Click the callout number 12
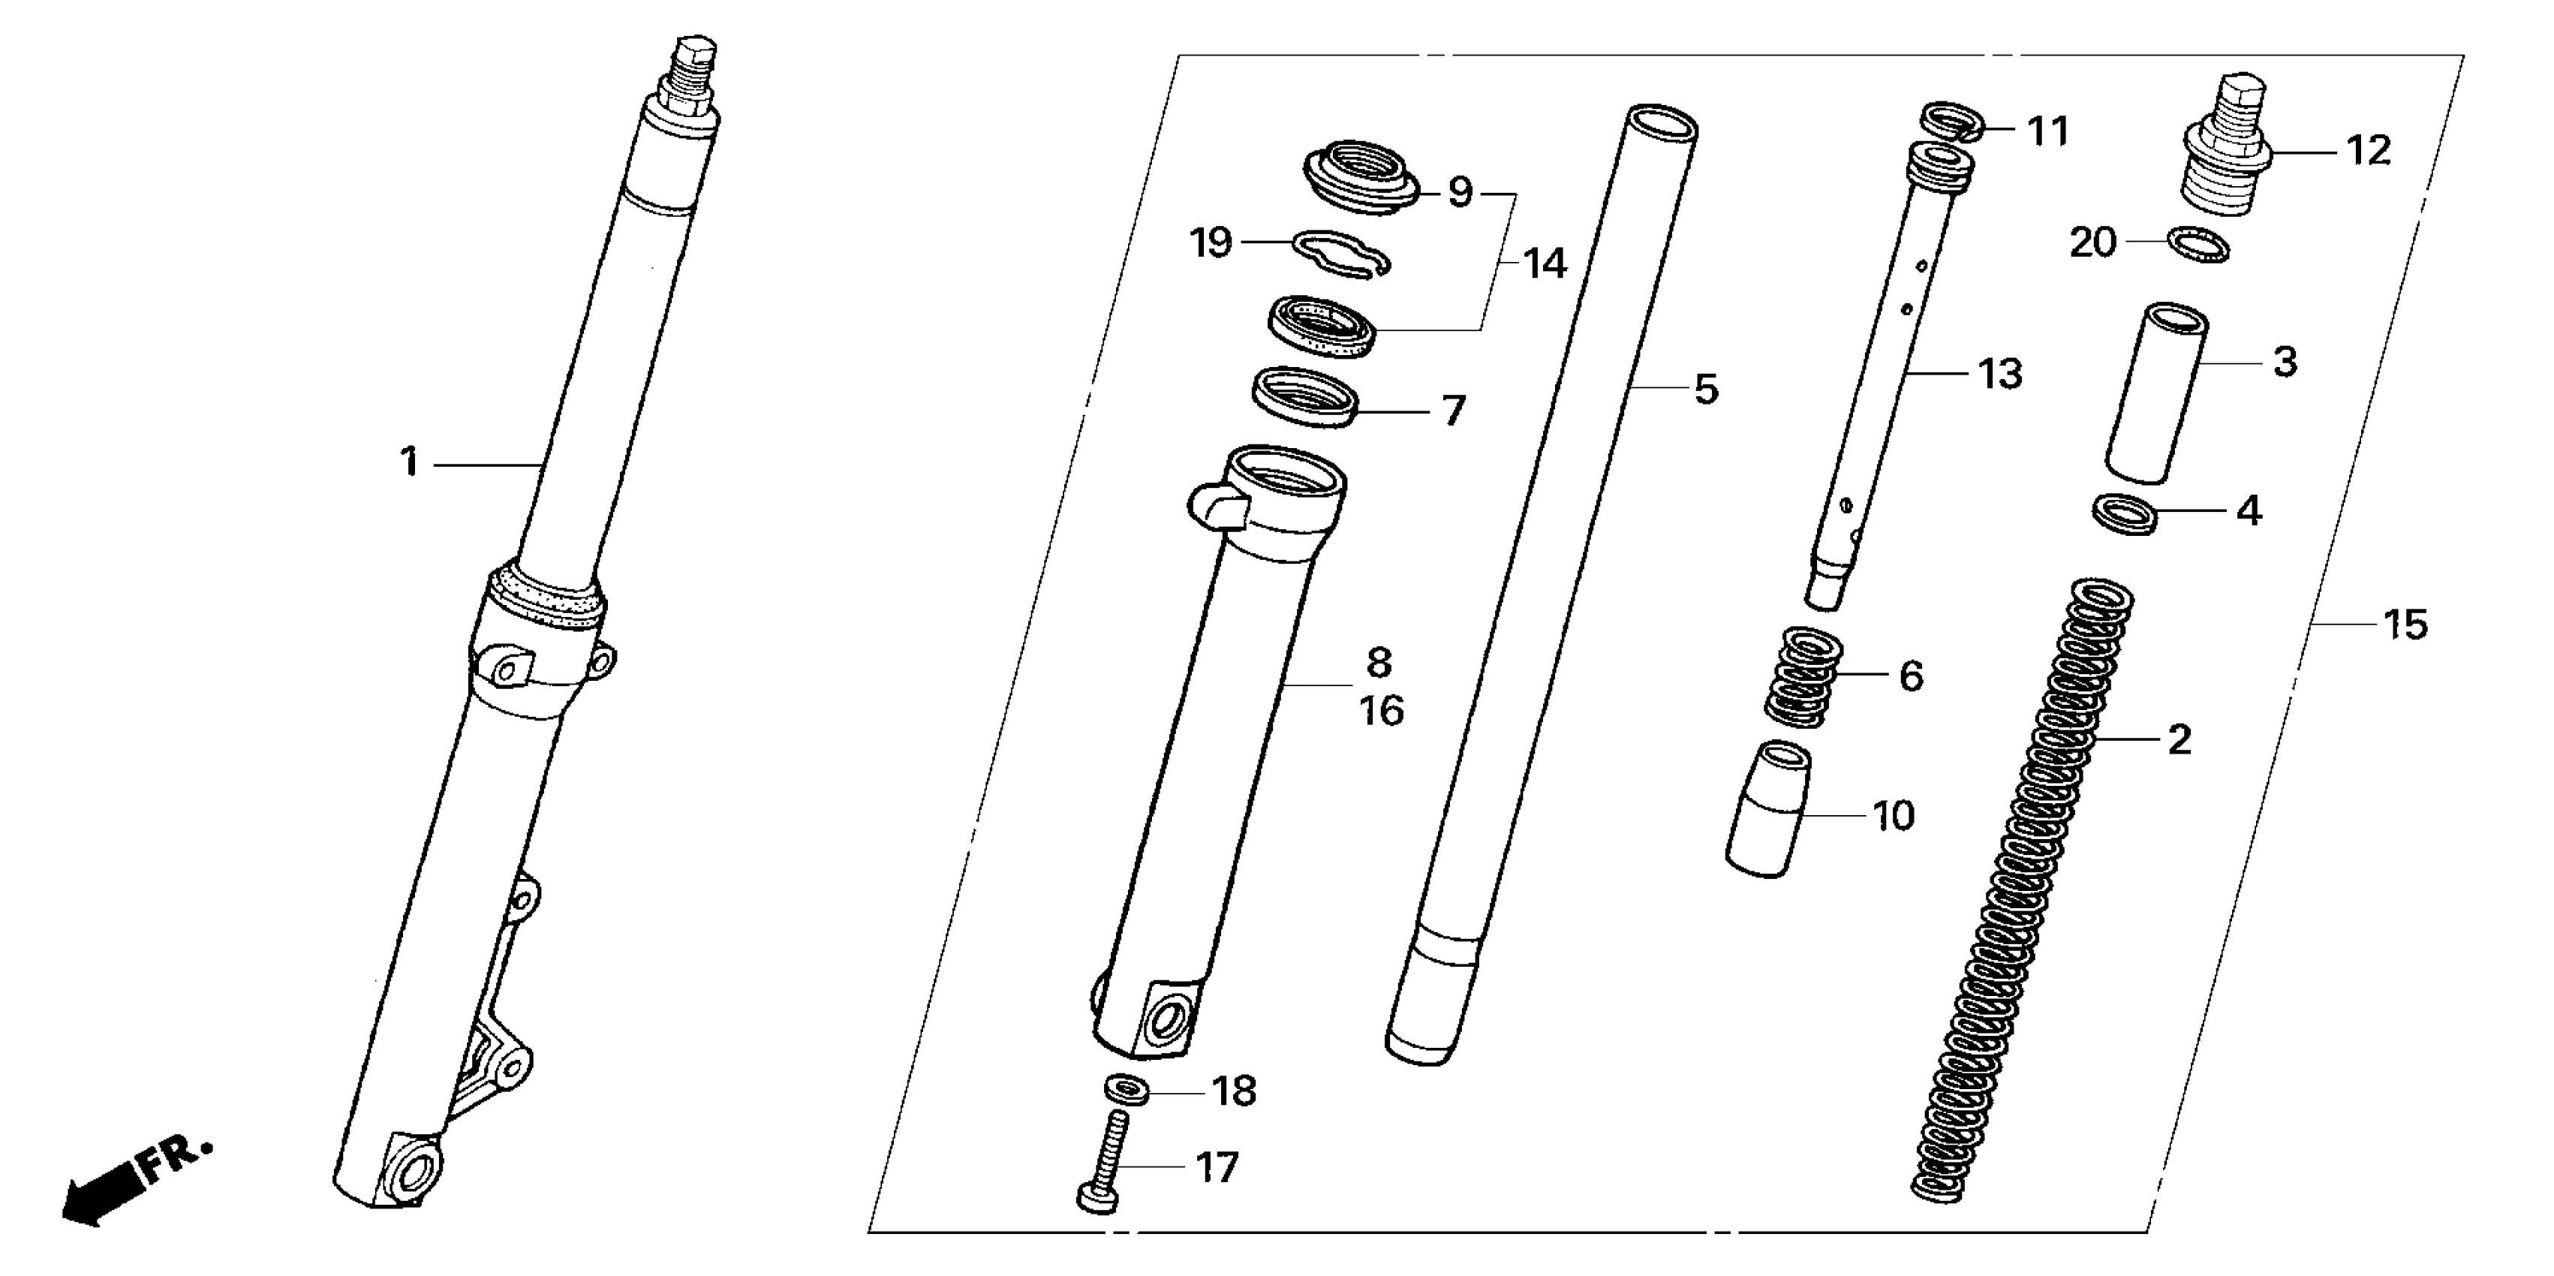pyautogui.click(x=2369, y=151)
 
